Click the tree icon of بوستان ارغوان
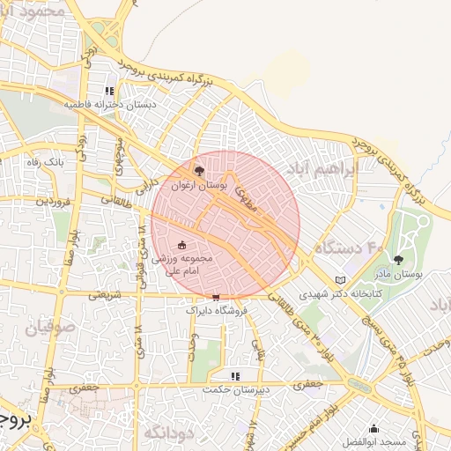pyautogui.click(x=199, y=170)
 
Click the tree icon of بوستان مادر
pyautogui.click(x=399, y=260)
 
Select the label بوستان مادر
pyautogui.click(x=398, y=275)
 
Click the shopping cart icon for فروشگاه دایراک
pyautogui.click(x=216, y=297)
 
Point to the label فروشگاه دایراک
pyautogui.click(x=217, y=310)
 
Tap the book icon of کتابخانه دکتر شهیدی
pyautogui.click(x=340, y=281)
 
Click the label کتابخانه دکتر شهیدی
pyautogui.click(x=340, y=295)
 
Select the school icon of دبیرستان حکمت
pyautogui.click(x=234, y=375)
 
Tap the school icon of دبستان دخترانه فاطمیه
pyautogui.click(x=109, y=90)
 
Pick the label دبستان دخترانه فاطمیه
pyautogui.click(x=109, y=104)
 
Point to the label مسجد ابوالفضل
pyautogui.click(x=373, y=441)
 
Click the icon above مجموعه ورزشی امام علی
pyautogui.click(x=182, y=245)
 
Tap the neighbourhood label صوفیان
pyautogui.click(x=33, y=331)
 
